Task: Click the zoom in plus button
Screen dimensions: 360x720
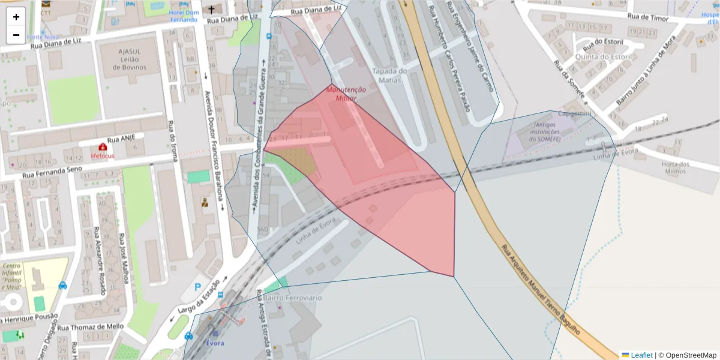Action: (x=16, y=17)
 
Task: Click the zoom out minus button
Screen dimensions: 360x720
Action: (x=16, y=35)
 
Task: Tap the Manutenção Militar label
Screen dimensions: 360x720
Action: (x=346, y=94)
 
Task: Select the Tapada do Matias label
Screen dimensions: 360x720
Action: (x=389, y=76)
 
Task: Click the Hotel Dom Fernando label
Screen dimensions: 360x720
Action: (x=183, y=16)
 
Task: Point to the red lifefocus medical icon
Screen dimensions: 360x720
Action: (x=102, y=147)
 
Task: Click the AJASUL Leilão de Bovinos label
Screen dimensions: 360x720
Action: (x=129, y=59)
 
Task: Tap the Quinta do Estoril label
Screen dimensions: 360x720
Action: (x=604, y=57)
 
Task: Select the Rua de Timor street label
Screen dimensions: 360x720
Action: (x=647, y=19)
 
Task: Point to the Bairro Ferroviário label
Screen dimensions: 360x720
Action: (x=292, y=298)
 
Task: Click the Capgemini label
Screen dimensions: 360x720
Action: (x=574, y=113)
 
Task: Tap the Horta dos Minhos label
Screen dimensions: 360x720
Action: (x=675, y=167)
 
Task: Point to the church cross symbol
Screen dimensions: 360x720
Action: (x=211, y=10)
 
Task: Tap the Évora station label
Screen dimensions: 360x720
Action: (x=214, y=343)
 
